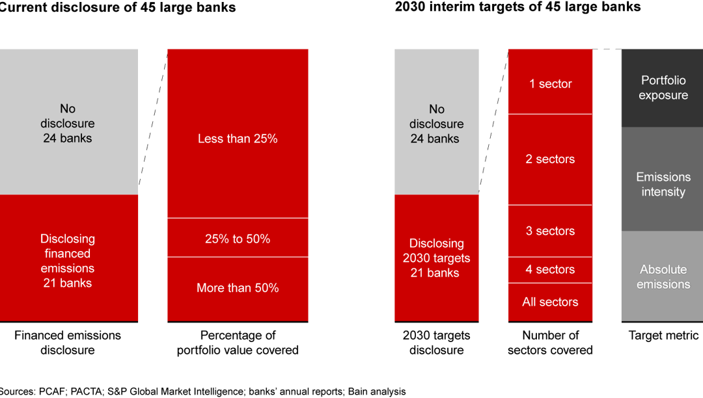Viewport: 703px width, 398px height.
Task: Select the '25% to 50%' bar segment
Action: coord(238,238)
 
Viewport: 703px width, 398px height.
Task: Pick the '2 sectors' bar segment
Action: coord(550,159)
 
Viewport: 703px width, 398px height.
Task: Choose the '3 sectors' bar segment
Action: coord(550,231)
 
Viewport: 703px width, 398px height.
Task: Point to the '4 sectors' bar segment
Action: coord(550,269)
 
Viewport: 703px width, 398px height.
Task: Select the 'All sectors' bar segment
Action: coord(550,302)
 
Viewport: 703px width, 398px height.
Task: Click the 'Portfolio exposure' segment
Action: coord(663,88)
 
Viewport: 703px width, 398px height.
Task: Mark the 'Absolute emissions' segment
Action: coord(663,276)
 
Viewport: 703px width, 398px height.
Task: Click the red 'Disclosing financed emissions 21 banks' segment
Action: coord(68,260)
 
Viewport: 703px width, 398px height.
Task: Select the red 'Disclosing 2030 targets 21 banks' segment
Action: coord(436,258)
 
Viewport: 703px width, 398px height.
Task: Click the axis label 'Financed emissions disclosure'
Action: coord(68,343)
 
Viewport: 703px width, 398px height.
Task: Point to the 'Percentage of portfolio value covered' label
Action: coord(238,343)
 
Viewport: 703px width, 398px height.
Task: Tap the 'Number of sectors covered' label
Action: coord(550,343)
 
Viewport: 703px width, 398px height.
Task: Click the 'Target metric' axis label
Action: coord(663,336)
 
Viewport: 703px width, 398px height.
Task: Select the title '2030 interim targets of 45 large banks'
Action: coord(517,7)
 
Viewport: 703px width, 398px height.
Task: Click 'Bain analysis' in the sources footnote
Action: coord(377,391)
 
